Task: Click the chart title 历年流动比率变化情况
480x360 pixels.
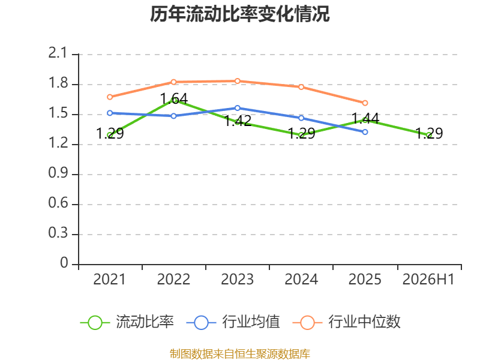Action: tap(239, 14)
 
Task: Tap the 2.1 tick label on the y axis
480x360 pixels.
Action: tap(58, 53)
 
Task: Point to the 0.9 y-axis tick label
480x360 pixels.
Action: tap(58, 173)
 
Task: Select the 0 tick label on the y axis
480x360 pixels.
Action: tap(64, 263)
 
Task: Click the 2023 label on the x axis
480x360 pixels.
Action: tap(237, 280)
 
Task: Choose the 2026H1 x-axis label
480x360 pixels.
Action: tap(428, 280)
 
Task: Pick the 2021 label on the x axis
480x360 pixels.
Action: tap(109, 280)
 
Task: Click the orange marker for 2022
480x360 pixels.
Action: tap(173, 82)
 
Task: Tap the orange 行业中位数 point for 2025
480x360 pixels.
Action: tap(365, 103)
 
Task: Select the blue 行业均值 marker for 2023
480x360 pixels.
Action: tap(237, 108)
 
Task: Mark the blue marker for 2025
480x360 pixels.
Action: tap(365, 132)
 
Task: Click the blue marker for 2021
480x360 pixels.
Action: tap(110, 113)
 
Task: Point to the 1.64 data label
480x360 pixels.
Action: tap(174, 99)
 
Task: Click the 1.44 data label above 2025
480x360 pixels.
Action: tap(365, 118)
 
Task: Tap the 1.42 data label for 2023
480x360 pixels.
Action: tap(238, 121)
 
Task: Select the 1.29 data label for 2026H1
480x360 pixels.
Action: tap(429, 133)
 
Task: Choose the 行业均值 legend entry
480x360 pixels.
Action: tap(233, 322)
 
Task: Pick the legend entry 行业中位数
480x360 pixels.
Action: tap(346, 322)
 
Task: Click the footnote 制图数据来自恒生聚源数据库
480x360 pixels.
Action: tap(240, 354)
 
